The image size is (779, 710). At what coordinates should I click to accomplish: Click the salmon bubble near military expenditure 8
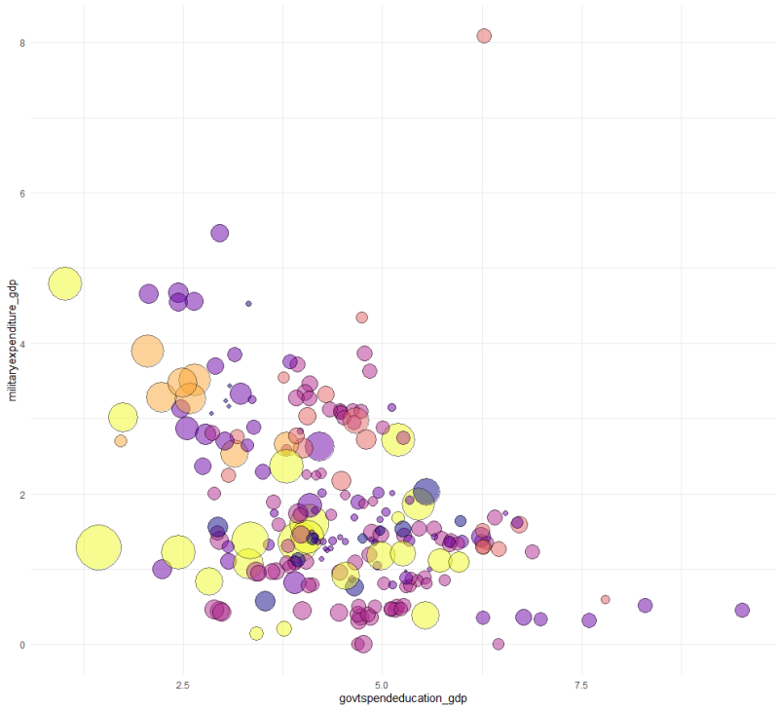[x=484, y=36]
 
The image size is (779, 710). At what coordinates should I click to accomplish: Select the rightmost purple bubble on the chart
[x=742, y=610]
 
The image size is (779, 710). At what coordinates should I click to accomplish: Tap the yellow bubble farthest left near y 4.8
[x=65, y=283]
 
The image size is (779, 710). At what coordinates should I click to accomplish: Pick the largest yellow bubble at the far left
[x=98, y=547]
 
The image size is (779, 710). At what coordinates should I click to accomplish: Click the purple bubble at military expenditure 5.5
[x=220, y=233]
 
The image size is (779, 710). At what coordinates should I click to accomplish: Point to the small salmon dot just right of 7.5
[x=605, y=600]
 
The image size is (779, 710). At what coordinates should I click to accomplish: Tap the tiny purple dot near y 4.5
[x=248, y=304]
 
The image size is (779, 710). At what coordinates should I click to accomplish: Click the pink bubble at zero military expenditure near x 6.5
[x=499, y=644]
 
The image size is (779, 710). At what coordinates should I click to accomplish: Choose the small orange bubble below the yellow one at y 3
[x=121, y=441]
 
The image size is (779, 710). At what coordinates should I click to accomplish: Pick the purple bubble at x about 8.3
[x=645, y=605]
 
